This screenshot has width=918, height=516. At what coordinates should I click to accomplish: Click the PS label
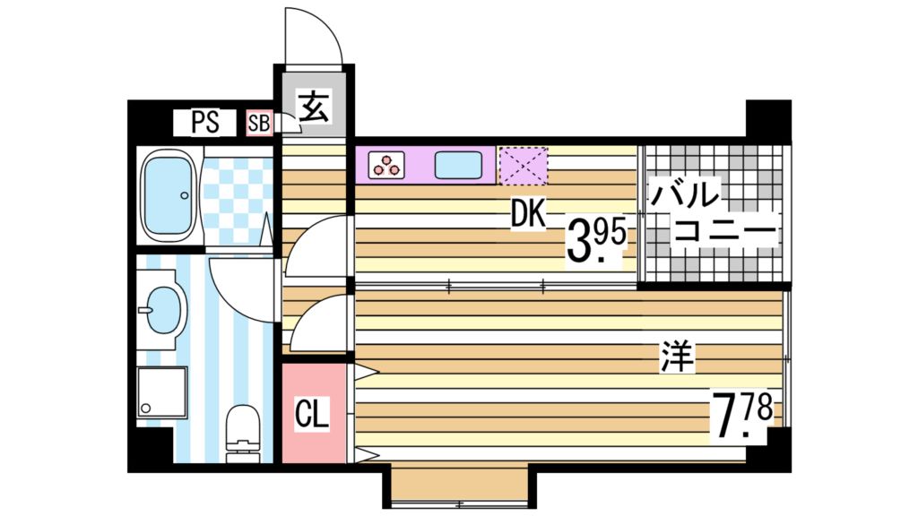[204, 123]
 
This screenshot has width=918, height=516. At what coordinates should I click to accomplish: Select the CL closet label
[313, 414]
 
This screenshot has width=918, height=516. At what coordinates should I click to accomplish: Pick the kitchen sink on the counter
[460, 165]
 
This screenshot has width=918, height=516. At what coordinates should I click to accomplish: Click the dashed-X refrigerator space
[523, 165]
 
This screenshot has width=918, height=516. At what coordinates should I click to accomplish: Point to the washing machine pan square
[162, 392]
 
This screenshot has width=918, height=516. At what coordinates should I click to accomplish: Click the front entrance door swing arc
[314, 36]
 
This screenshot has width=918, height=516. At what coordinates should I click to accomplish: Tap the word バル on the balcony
[686, 194]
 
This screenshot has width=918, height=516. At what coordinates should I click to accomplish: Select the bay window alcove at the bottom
[459, 488]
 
